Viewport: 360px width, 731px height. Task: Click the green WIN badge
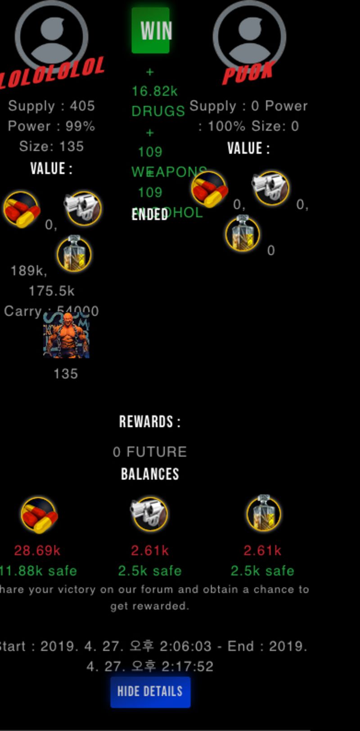150,30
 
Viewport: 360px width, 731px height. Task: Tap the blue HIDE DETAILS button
150,691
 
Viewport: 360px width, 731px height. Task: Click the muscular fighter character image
67,335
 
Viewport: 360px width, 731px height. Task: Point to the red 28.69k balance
37,550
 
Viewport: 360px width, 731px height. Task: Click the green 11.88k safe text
38,570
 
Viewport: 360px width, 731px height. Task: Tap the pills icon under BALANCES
39,515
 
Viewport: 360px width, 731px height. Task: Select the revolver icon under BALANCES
150,514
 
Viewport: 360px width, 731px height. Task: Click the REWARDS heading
150,422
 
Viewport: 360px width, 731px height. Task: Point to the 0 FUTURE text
150,452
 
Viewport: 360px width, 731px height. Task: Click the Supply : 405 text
51,106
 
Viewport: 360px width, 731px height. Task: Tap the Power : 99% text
51,126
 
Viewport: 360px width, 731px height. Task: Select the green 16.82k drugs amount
154,91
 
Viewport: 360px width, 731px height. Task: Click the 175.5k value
51,291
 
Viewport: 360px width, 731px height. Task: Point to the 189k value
28,270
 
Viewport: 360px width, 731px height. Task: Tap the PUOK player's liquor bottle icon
243,233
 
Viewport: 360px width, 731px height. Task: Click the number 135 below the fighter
66,373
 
